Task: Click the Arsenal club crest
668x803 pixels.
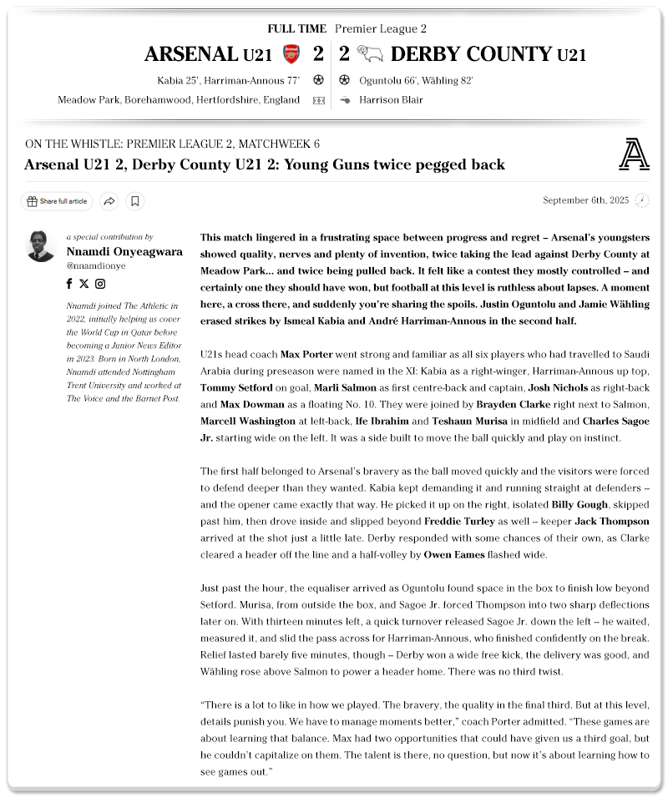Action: pos(291,55)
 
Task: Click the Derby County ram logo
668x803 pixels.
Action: pos(369,55)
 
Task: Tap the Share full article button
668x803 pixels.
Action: pos(57,201)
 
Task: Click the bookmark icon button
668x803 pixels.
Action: pos(135,201)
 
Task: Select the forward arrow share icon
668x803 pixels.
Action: pos(109,201)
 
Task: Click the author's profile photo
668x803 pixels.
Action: pos(41,245)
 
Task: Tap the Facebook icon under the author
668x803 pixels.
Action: pos(69,284)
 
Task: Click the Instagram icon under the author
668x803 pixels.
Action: pos(100,284)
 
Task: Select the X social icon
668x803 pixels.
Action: pos(83,284)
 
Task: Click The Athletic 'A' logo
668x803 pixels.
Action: pos(635,154)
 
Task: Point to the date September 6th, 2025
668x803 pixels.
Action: pos(585,200)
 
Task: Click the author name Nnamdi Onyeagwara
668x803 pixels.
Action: pos(124,251)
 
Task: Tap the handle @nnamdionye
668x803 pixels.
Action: pos(96,265)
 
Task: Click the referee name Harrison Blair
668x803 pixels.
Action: pos(391,100)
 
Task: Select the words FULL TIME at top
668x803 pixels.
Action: pos(296,29)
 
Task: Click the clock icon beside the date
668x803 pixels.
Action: pos(641,200)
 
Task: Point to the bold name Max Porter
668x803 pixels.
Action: pos(306,355)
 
